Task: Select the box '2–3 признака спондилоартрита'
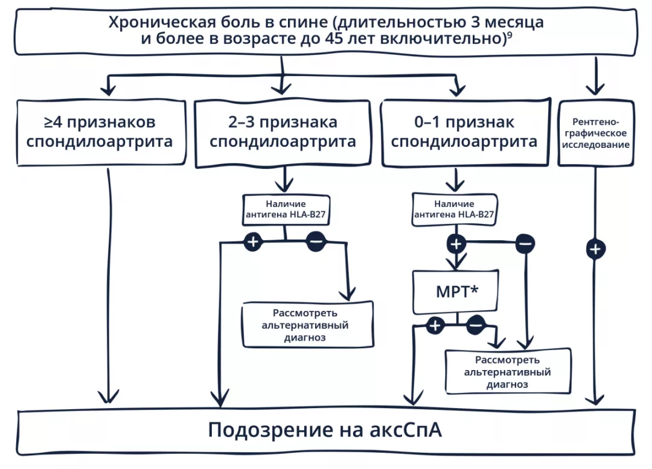pos(283,132)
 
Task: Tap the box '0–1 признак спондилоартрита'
pos(464,132)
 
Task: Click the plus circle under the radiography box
pos(595,249)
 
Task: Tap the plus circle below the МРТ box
pos(435,326)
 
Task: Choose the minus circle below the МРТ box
pos(475,326)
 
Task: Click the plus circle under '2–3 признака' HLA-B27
pos(253,241)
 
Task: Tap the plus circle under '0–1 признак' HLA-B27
pos(456,243)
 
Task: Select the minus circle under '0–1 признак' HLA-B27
pos(525,243)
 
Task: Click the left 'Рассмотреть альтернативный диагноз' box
pos(308,325)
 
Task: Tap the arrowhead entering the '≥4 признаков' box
pos(108,89)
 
